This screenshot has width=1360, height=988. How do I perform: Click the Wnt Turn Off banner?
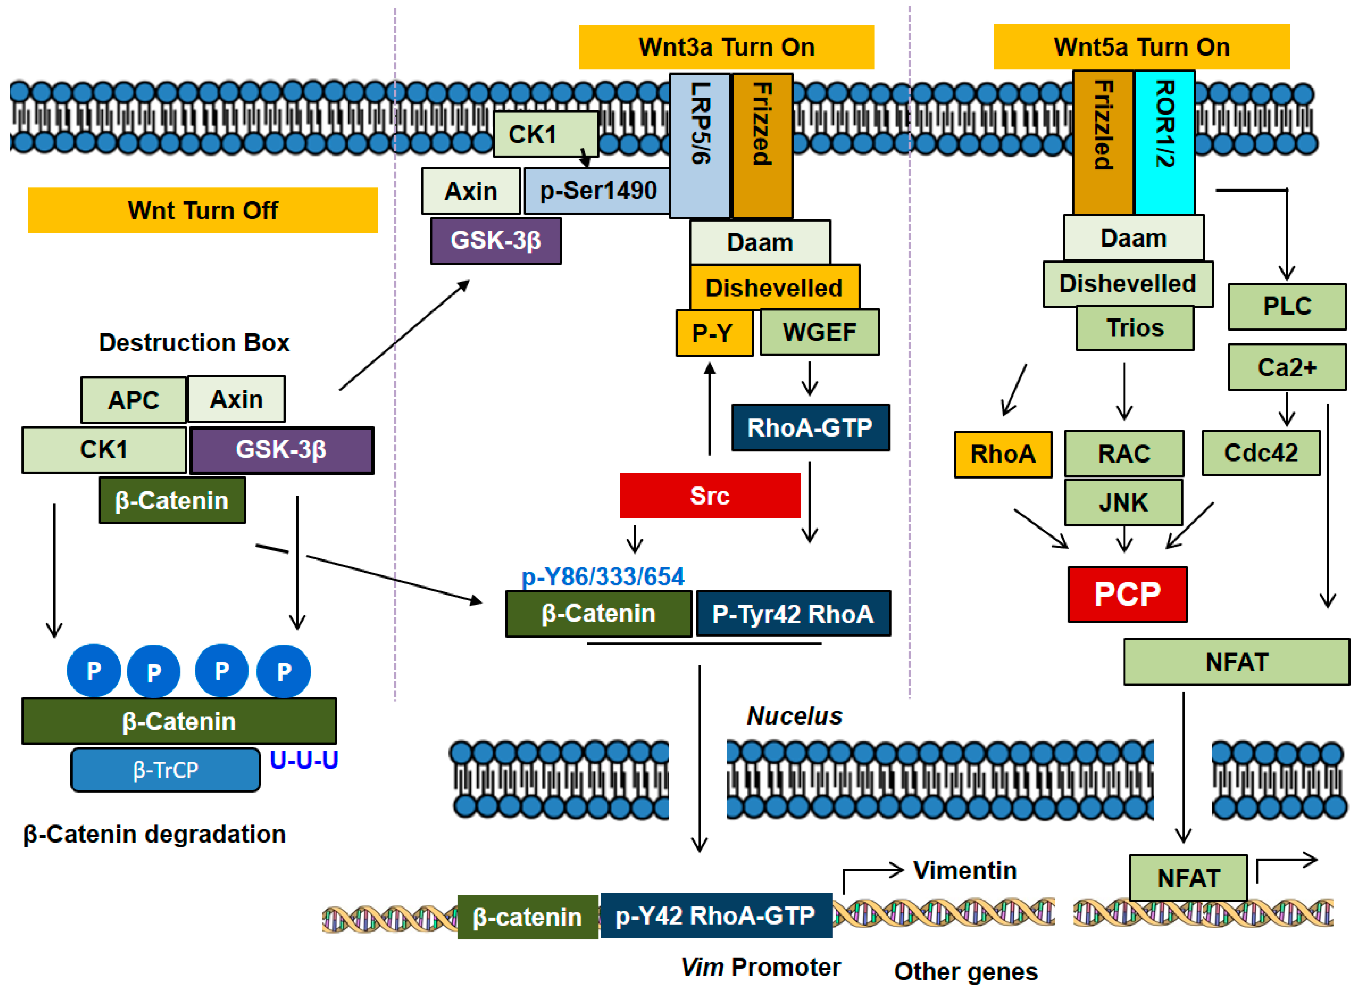point(203,210)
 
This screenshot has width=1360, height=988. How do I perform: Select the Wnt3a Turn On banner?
point(726,47)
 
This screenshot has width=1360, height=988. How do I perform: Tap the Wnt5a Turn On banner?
point(1141,47)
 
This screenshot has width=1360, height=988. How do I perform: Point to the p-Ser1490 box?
point(597,191)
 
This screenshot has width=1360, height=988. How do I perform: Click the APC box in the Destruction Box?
point(133,400)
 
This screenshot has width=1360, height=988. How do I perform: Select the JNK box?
point(1123,502)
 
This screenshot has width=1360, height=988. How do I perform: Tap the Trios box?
point(1135,328)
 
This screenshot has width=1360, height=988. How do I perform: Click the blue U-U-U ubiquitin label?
point(304,759)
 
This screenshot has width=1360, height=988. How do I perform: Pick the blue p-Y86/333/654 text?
point(603,577)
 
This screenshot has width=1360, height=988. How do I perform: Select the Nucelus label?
point(794,716)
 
